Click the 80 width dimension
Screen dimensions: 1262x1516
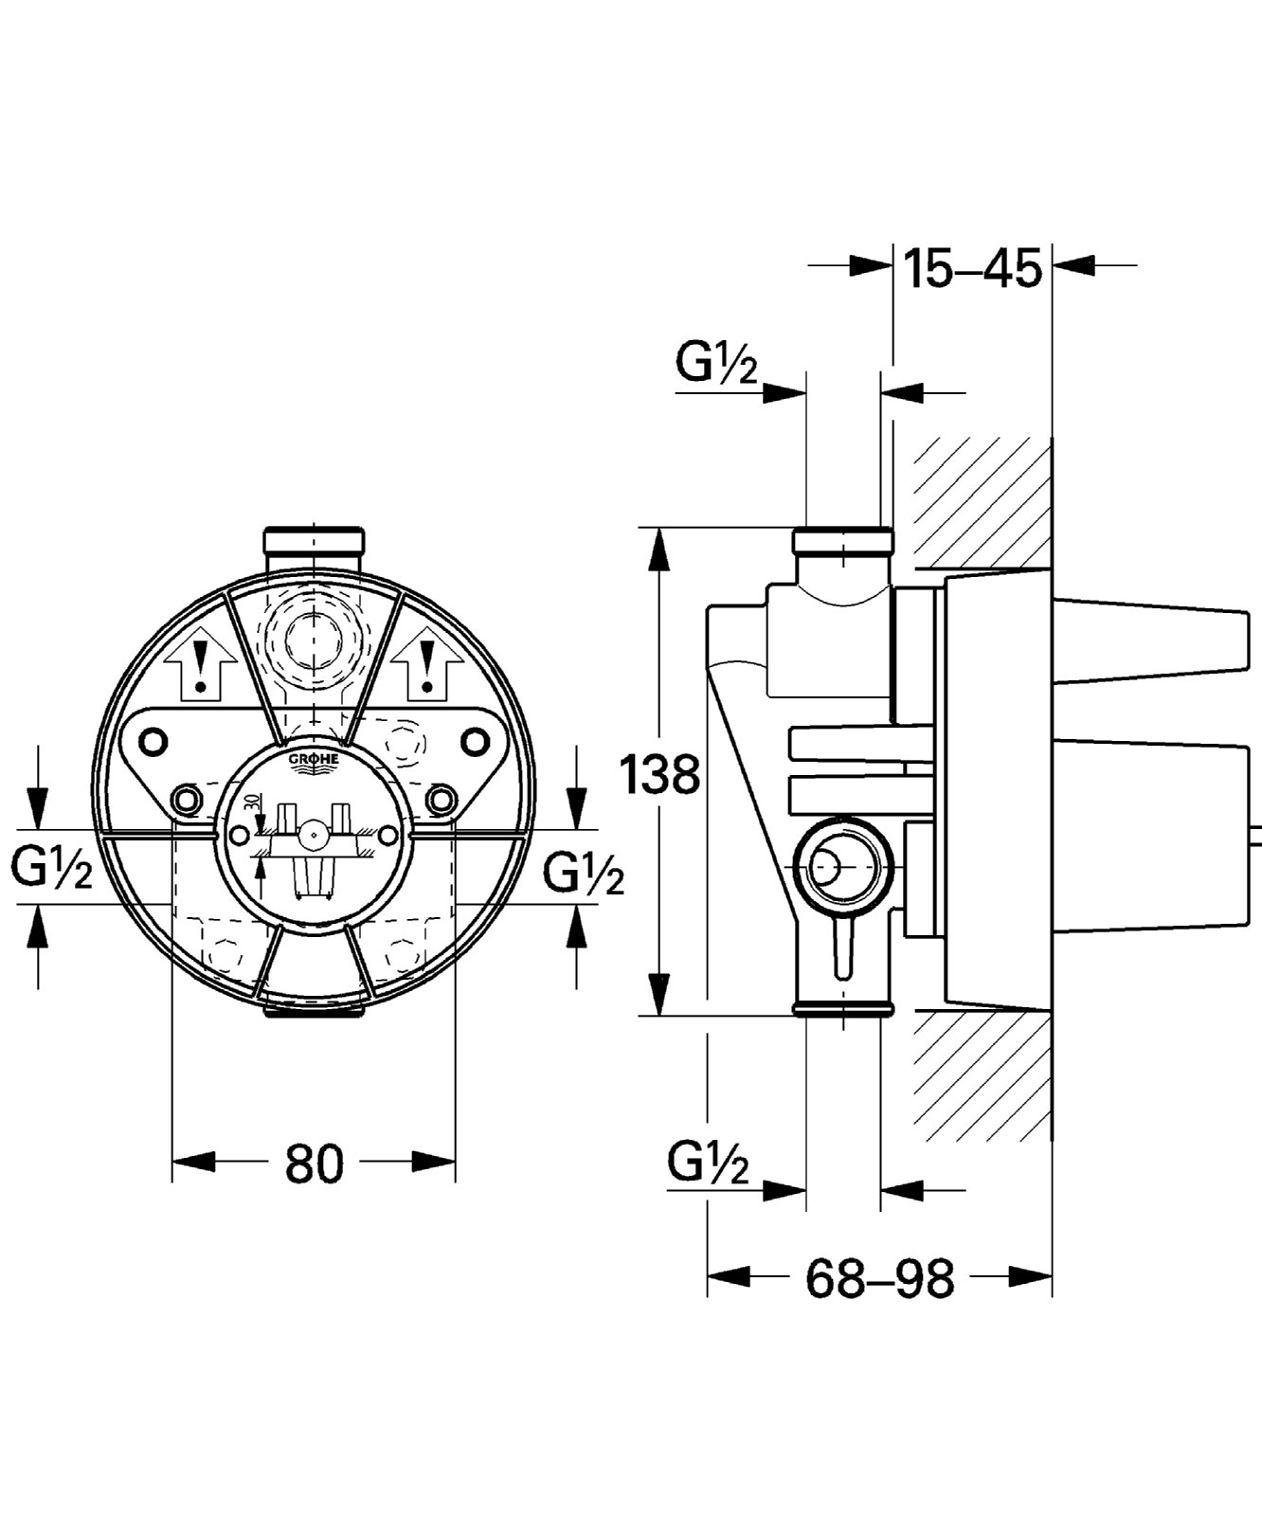click(x=314, y=1164)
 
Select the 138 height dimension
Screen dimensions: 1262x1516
click(x=659, y=773)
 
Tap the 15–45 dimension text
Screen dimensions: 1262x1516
click(x=972, y=267)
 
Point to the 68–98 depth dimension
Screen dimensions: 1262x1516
click(x=880, y=1279)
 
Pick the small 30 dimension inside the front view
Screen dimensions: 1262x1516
click(x=250, y=802)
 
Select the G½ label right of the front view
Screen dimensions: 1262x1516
click(x=584, y=873)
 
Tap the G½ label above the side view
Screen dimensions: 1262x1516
click(x=717, y=362)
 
